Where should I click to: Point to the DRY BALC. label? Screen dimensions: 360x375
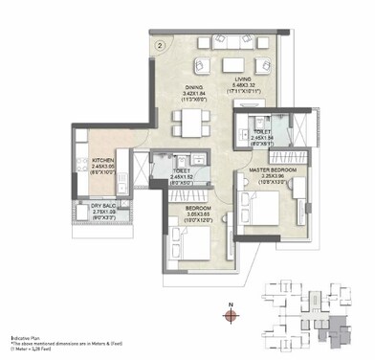[103, 203]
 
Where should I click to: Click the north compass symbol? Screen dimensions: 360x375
[231, 312]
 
